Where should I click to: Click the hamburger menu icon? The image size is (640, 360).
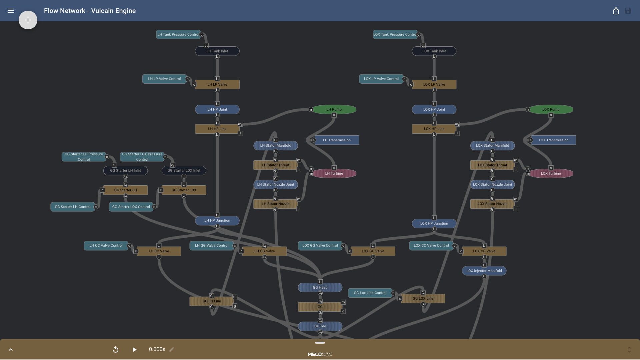pyautogui.click(x=11, y=11)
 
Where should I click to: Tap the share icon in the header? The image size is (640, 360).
pyautogui.click(x=616, y=11)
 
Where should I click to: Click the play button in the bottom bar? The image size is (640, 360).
pyautogui.click(x=134, y=349)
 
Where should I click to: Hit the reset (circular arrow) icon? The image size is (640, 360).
pyautogui.click(x=116, y=349)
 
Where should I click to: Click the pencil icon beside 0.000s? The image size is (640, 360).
pyautogui.click(x=172, y=349)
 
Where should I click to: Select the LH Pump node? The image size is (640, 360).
pyautogui.click(x=334, y=109)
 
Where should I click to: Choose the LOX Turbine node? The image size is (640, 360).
pyautogui.click(x=551, y=173)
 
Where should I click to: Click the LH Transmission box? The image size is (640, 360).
pyautogui.click(x=337, y=140)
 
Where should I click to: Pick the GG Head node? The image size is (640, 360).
pyautogui.click(x=320, y=287)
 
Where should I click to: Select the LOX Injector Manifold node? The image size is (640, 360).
pyautogui.click(x=484, y=271)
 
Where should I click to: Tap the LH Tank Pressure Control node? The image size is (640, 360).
pyautogui.click(x=178, y=34)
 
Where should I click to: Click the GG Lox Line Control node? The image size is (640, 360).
pyautogui.click(x=370, y=293)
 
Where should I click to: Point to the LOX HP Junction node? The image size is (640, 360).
pyautogui.click(x=434, y=223)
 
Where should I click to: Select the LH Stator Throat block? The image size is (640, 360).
pyautogui.click(x=275, y=165)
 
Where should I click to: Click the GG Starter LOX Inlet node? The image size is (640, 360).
pyautogui.click(x=184, y=170)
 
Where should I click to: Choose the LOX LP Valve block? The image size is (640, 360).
pyautogui.click(x=434, y=84)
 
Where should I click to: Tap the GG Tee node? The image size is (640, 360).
pyautogui.click(x=320, y=326)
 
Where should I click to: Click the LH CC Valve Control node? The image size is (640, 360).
pyautogui.click(x=106, y=245)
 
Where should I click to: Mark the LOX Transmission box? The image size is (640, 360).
pyautogui.click(x=553, y=140)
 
